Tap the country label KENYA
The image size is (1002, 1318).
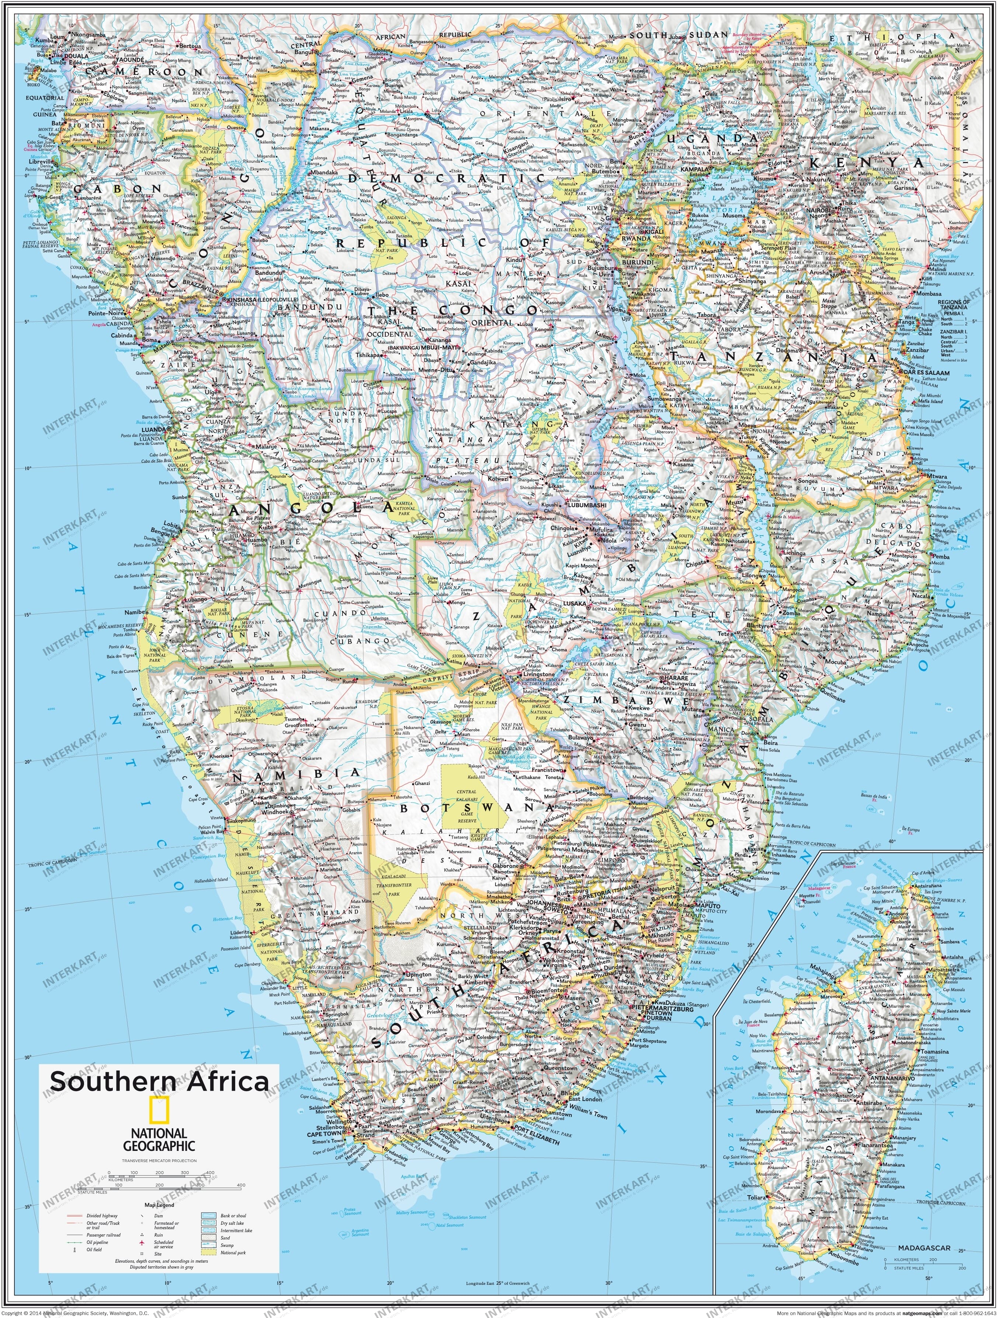pos(864,163)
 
